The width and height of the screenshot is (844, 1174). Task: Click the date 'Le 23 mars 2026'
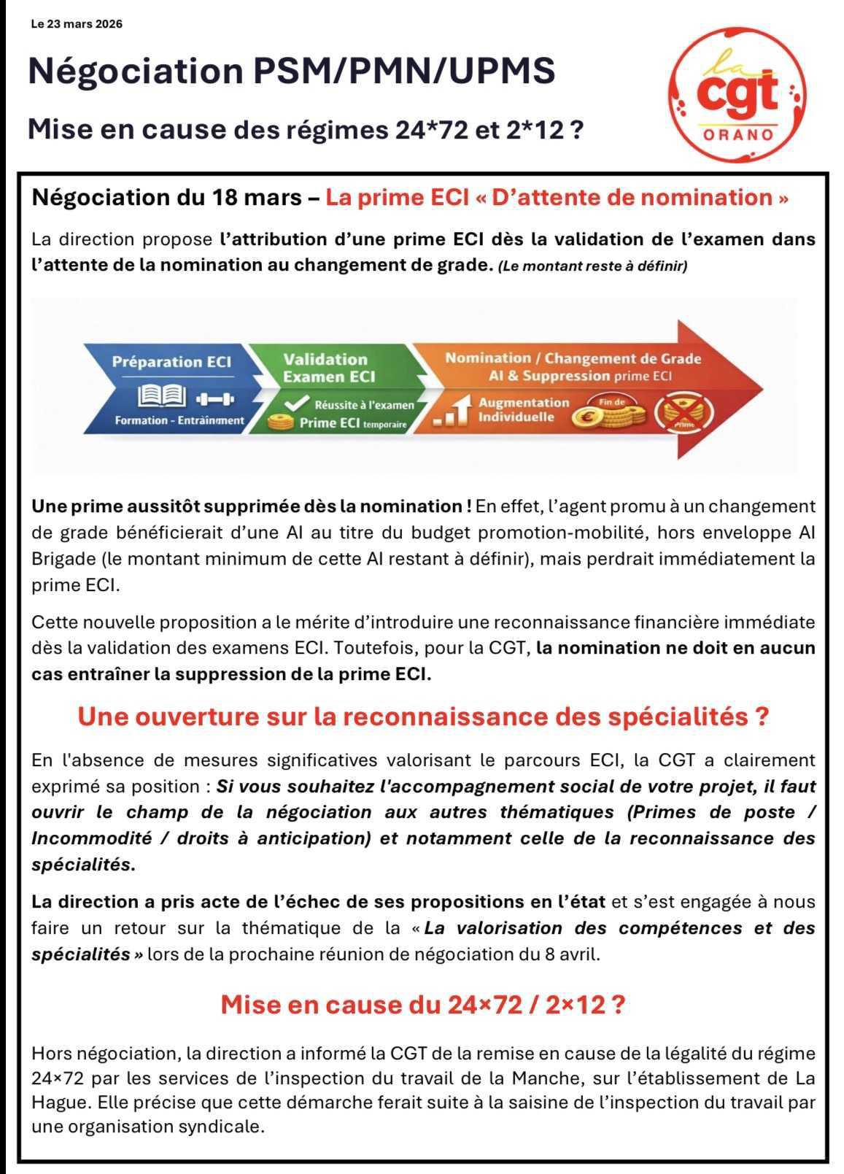[77, 24]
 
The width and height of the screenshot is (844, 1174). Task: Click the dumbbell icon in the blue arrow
[214, 398]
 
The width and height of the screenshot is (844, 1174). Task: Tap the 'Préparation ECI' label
[171, 362]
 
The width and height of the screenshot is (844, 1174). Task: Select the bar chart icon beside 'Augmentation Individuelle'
[450, 412]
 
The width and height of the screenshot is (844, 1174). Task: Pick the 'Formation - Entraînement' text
[179, 420]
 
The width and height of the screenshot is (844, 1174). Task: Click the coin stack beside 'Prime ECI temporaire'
[280, 422]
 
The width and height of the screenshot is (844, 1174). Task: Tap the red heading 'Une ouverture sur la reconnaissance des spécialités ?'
[423, 717]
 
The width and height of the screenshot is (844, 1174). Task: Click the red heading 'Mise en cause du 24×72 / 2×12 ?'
[423, 1005]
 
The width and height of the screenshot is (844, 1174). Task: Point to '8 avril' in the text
[571, 954]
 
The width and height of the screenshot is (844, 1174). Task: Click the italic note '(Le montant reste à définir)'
[593, 266]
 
